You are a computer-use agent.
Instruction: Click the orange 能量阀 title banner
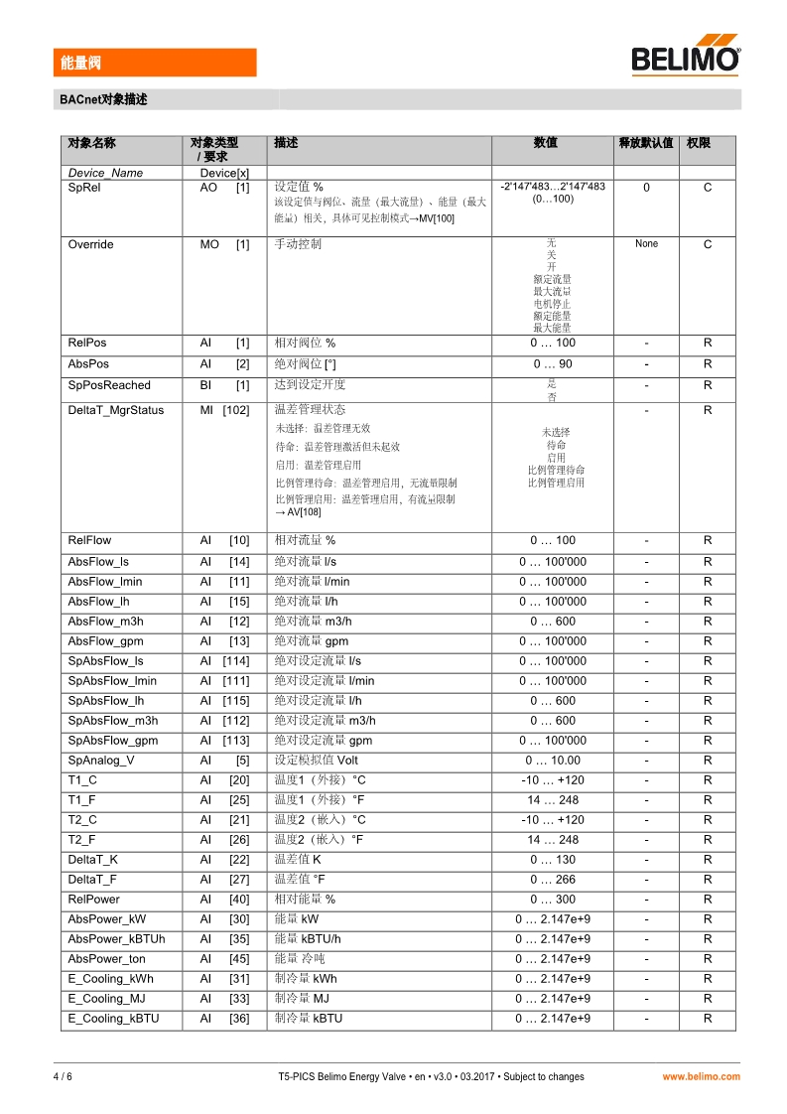(155, 63)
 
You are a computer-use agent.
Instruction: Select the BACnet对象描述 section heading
(103, 99)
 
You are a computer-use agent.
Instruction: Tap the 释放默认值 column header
(646, 143)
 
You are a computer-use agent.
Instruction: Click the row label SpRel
(83, 187)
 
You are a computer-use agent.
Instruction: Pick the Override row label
(90, 244)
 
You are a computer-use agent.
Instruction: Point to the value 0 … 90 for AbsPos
(552, 364)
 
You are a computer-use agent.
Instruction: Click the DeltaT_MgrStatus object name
(115, 410)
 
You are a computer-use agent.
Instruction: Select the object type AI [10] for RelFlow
(224, 541)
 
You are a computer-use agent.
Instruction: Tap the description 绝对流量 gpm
(311, 641)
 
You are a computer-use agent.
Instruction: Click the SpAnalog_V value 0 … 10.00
(552, 761)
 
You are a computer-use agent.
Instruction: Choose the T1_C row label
(82, 780)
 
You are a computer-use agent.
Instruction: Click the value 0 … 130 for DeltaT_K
(552, 860)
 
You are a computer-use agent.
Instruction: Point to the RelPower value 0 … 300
(552, 900)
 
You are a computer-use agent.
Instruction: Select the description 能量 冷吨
(300, 959)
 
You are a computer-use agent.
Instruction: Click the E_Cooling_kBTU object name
(113, 1019)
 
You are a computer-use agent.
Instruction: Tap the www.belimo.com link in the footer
(701, 1076)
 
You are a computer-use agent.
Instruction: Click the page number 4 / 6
(63, 1076)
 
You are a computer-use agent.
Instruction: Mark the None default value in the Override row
(646, 244)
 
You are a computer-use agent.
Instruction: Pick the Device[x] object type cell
(224, 173)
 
